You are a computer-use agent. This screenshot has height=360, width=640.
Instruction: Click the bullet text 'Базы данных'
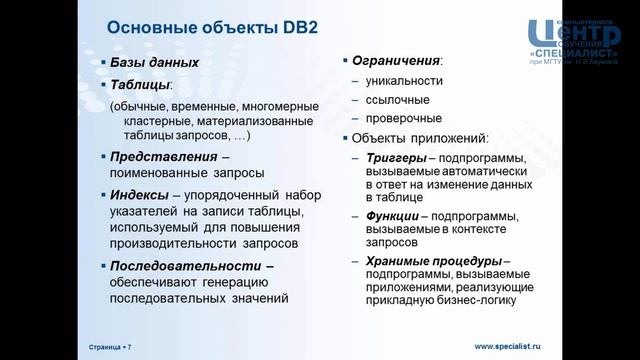155,62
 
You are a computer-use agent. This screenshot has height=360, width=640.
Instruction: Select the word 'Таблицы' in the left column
140,85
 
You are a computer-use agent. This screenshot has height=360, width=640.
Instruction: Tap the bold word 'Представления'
164,157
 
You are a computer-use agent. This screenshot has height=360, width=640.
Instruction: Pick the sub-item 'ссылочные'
397,100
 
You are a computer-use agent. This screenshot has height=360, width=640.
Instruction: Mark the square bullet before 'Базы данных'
103,62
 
